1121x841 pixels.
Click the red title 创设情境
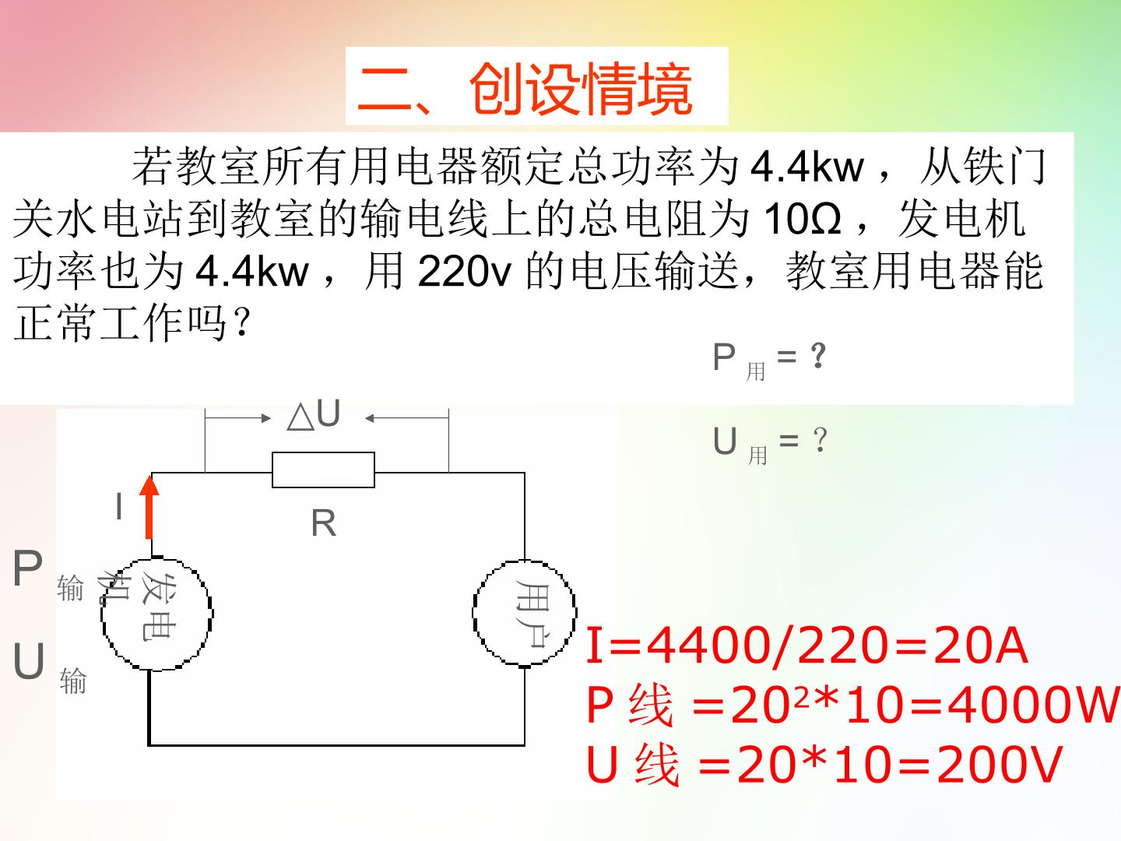[581, 89]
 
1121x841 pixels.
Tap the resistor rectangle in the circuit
[323, 470]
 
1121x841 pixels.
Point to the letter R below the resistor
[323, 523]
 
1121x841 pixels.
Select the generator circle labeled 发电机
[156, 614]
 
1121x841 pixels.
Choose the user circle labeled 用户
[525, 613]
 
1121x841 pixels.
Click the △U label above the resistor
[314, 413]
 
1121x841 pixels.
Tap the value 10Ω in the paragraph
[803, 219]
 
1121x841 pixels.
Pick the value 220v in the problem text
[464, 271]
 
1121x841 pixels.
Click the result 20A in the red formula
[980, 646]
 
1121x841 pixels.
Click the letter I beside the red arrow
[119, 506]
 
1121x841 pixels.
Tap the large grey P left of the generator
[27, 568]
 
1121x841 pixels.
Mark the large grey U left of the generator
[29, 661]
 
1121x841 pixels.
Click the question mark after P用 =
[818, 355]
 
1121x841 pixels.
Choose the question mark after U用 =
[821, 440]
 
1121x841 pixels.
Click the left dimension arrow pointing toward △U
[238, 419]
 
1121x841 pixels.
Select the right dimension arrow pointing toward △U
[407, 419]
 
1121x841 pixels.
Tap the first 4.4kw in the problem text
[807, 167]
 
